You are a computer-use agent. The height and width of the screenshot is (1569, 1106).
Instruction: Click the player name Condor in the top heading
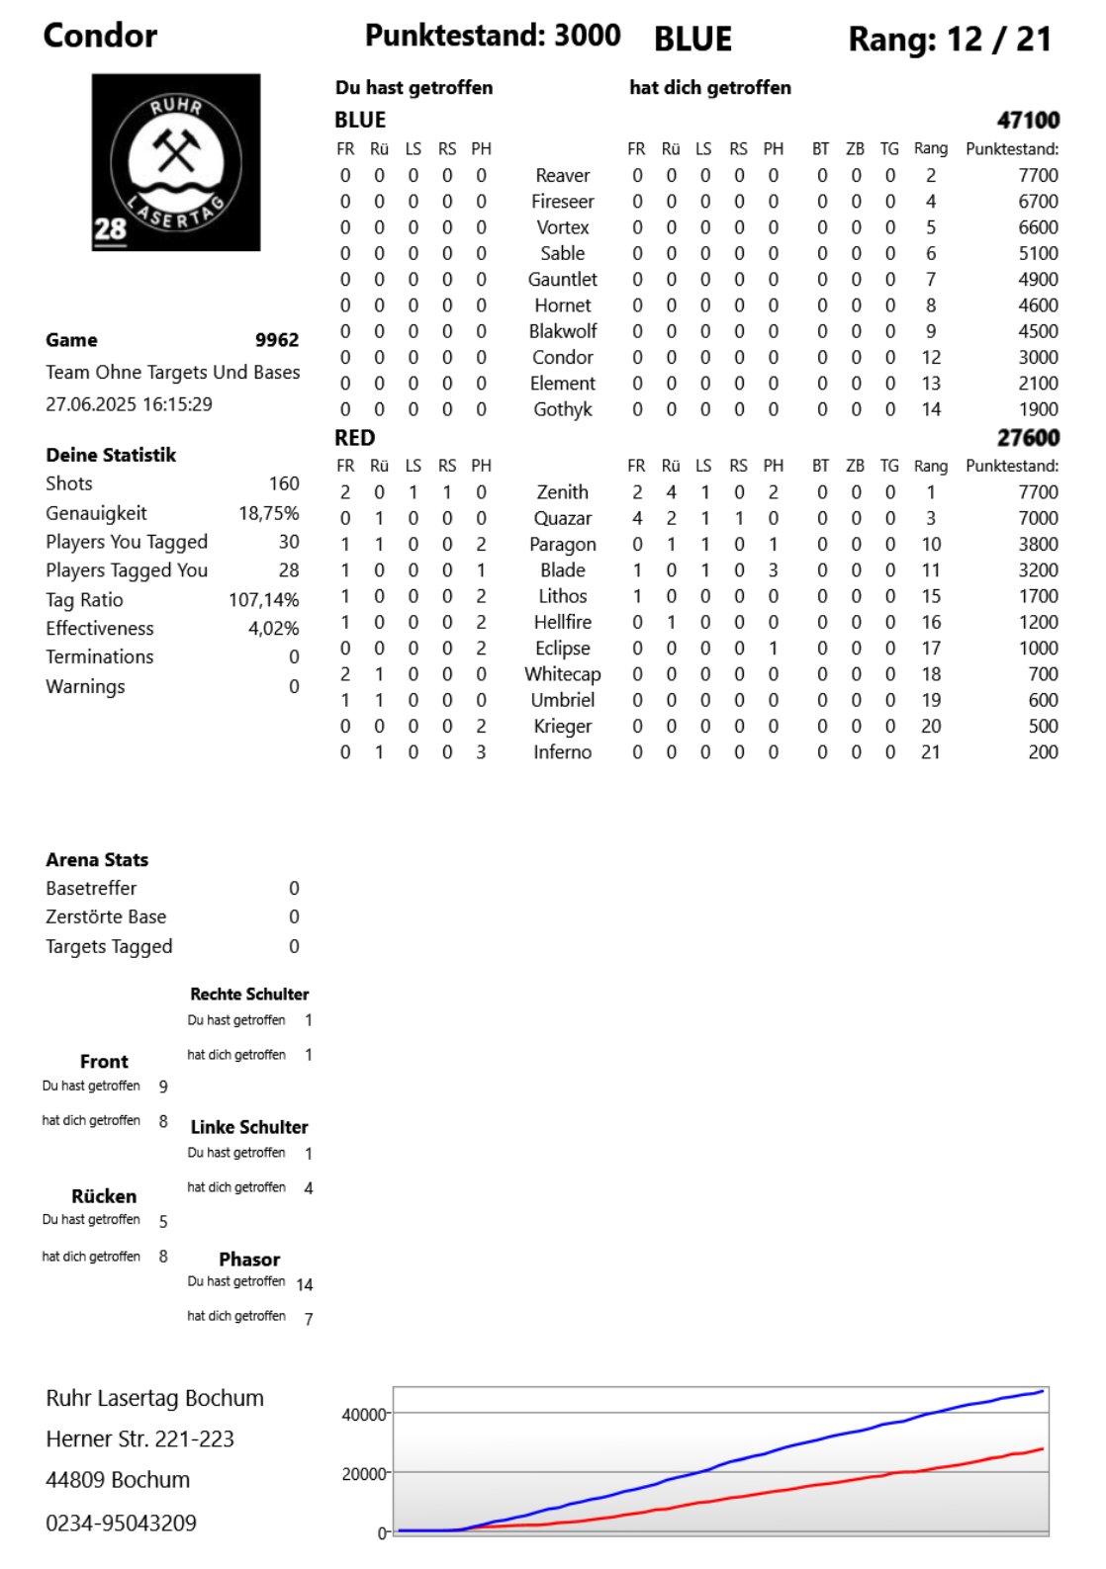click(x=100, y=36)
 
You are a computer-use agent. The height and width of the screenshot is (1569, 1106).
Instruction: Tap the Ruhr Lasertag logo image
click(x=176, y=162)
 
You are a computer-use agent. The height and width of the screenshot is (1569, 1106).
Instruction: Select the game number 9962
click(x=277, y=340)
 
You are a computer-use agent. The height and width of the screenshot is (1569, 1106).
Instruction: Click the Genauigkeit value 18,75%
click(x=268, y=513)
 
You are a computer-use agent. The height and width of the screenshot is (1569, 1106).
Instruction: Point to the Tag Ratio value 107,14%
click(x=263, y=600)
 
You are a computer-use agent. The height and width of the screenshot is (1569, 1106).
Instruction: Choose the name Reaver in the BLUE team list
click(x=562, y=176)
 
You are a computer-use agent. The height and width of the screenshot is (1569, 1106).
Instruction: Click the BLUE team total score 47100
click(x=1028, y=121)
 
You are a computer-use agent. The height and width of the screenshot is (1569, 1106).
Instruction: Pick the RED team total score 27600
click(x=1028, y=438)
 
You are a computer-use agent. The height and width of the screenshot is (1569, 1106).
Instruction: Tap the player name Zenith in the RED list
click(x=562, y=492)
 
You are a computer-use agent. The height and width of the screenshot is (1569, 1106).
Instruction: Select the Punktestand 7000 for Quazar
click(x=1038, y=518)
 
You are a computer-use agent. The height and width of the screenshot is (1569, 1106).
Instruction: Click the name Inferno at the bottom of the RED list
click(x=562, y=752)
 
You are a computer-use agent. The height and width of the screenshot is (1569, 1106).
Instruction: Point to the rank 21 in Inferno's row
click(x=930, y=752)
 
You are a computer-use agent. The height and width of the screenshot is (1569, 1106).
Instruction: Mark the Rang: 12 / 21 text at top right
click(x=949, y=40)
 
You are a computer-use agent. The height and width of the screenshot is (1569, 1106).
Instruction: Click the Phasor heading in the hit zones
click(x=249, y=1260)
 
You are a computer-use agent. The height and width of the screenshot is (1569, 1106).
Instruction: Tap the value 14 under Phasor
click(x=305, y=1285)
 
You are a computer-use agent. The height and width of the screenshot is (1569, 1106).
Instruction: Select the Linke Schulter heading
click(x=249, y=1127)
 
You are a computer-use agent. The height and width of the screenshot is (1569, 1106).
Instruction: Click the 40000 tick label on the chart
click(x=363, y=1415)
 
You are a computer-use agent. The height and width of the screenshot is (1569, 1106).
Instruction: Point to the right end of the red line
click(x=1043, y=1449)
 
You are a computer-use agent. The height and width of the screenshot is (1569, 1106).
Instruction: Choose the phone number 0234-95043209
click(x=121, y=1524)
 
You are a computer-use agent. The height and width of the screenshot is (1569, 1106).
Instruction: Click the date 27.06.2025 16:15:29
click(x=129, y=404)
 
